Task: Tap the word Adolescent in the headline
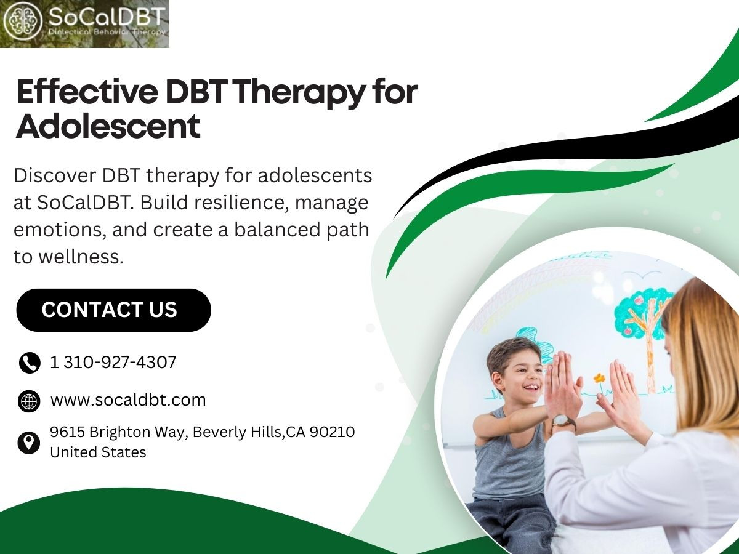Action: tap(108, 126)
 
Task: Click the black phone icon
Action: tap(30, 363)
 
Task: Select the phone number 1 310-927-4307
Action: tap(113, 363)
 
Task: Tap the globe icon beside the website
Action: tap(29, 401)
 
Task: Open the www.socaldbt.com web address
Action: tap(128, 400)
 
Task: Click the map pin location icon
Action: tap(28, 443)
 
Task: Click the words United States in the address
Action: tap(98, 452)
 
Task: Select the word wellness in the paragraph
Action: tap(81, 257)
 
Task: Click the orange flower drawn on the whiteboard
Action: tap(599, 379)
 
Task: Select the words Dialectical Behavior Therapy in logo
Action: tap(107, 32)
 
